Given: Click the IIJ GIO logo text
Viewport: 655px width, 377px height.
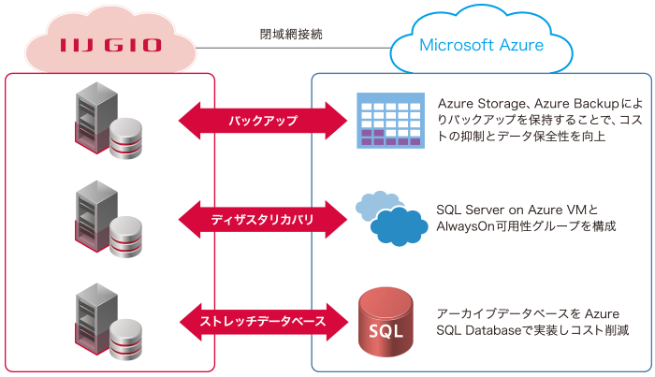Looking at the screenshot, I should pyautogui.click(x=110, y=45).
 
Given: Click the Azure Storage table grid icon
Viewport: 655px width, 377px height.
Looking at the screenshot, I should pyautogui.click(x=384, y=121).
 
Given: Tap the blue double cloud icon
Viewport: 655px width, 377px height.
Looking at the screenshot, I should pyautogui.click(x=391, y=217).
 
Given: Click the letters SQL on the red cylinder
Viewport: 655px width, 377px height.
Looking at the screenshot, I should pyautogui.click(x=386, y=333).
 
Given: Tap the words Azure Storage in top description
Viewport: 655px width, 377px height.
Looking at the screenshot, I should pyautogui.click(x=479, y=101).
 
